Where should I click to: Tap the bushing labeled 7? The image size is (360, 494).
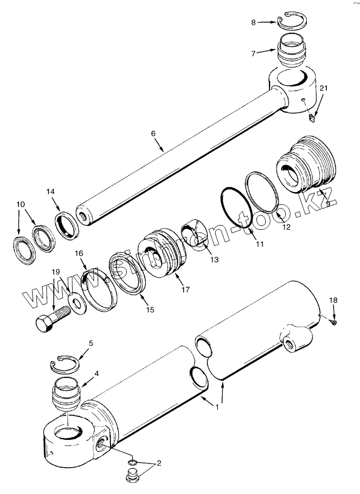pos(291,50)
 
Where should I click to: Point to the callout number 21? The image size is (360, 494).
pos(324,88)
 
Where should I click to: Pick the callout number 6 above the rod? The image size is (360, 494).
pos(153,134)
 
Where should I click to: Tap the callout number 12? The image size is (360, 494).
pos(287,227)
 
